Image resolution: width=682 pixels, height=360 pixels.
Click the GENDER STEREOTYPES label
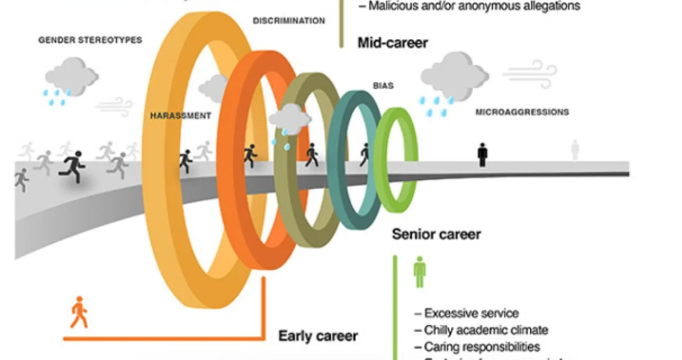pyautogui.click(x=90, y=40)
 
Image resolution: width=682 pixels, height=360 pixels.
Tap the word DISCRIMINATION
pyautogui.click(x=289, y=21)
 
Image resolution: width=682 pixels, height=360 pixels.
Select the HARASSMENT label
pyautogui.click(x=181, y=116)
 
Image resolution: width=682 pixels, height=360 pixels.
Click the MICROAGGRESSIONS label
pyautogui.click(x=522, y=112)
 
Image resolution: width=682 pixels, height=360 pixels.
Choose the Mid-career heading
pyautogui.click(x=393, y=43)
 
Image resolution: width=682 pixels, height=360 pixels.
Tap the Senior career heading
pyautogui.click(x=436, y=234)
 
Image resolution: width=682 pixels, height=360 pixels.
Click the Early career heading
pyautogui.click(x=318, y=336)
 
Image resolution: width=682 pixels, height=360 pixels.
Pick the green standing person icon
pyautogui.click(x=420, y=272)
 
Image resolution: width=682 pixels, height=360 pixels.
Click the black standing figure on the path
pyautogui.click(x=483, y=155)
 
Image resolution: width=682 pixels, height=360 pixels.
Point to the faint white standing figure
pyautogui.click(x=575, y=150)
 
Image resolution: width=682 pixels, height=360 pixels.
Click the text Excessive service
pyautogui.click(x=470, y=314)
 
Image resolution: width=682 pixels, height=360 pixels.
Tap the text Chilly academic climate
pyautogui.click(x=485, y=330)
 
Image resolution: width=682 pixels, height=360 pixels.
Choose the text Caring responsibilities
pyautogui.click(x=481, y=347)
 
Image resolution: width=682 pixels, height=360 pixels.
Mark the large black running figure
pyautogui.click(x=73, y=166)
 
